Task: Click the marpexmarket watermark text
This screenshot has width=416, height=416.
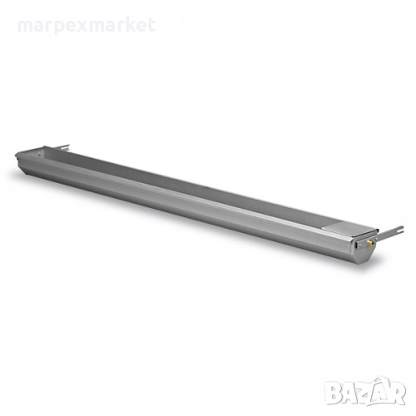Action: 87,26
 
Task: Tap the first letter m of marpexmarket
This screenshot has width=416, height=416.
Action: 25,27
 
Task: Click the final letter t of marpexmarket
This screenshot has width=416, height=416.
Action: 151,26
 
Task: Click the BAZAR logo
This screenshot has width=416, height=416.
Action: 365,390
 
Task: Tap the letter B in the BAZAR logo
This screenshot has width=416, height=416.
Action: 334,391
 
